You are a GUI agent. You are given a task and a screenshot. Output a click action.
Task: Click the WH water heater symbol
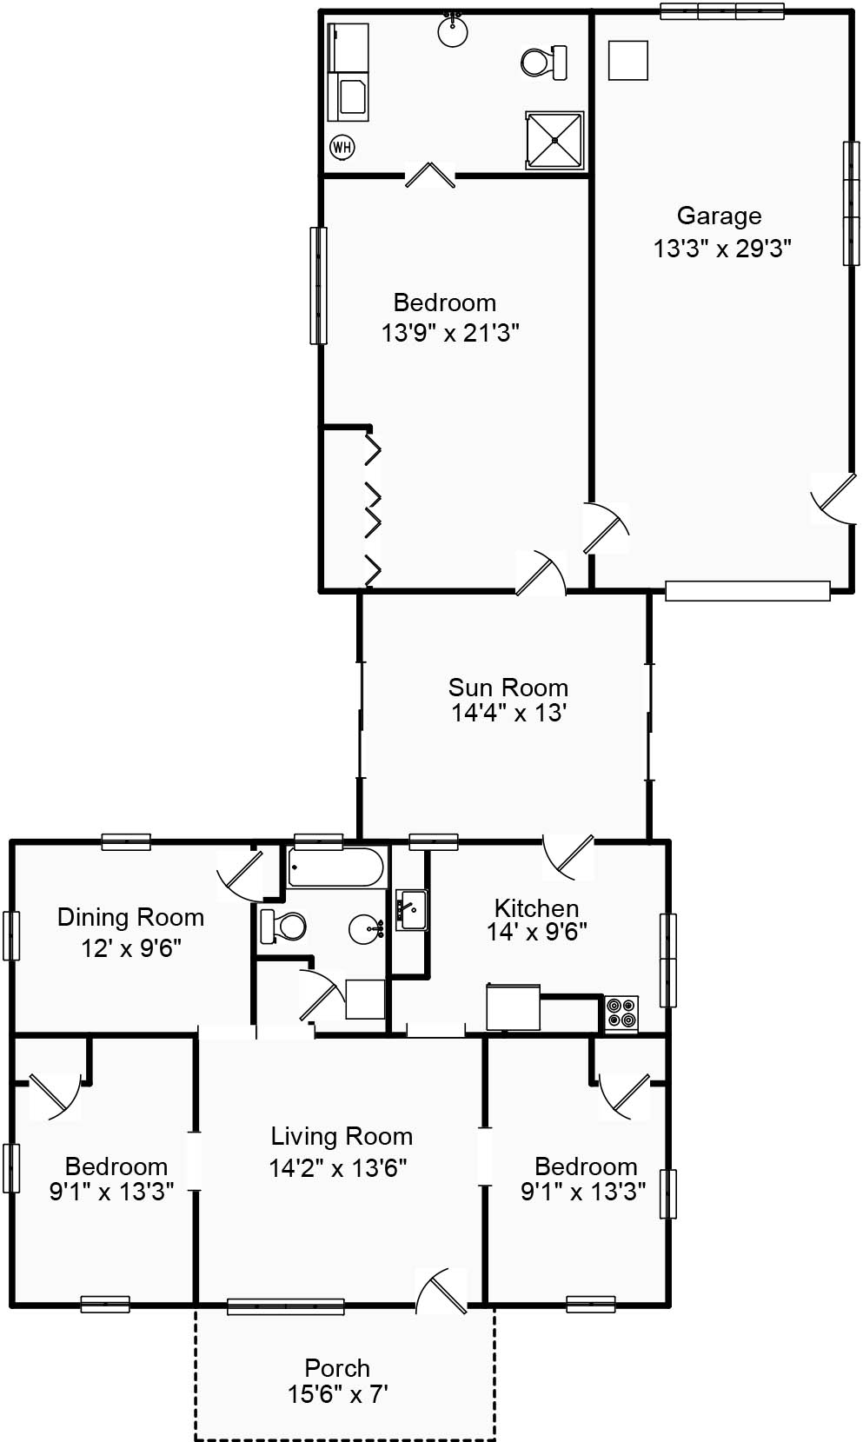[x=342, y=147]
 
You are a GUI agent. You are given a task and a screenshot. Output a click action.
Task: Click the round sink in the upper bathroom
[x=453, y=32]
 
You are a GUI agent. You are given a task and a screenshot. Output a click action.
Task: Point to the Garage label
[x=719, y=216]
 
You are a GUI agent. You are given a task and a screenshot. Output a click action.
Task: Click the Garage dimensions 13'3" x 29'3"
[x=722, y=249]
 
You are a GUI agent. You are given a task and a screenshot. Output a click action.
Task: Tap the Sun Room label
[x=508, y=688]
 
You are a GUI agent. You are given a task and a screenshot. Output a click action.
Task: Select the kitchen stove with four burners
[x=621, y=1013]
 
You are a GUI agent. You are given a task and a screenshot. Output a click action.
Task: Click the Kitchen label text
[x=536, y=908]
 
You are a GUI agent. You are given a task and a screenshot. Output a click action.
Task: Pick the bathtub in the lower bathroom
[x=335, y=867]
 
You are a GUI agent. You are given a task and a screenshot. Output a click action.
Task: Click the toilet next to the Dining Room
[x=283, y=927]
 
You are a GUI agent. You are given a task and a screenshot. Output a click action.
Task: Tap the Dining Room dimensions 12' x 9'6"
[x=131, y=948]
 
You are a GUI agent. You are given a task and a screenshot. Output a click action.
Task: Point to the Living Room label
[x=342, y=1136]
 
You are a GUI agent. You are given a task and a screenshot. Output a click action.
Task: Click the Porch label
[x=337, y=1368]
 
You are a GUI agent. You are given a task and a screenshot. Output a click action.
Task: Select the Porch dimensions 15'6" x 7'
[x=337, y=1394]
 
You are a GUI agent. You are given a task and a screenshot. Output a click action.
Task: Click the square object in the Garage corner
[x=627, y=60]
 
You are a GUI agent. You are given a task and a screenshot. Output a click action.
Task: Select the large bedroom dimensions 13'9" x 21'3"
[x=450, y=333]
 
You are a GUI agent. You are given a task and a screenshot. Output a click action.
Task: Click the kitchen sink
[x=411, y=910]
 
